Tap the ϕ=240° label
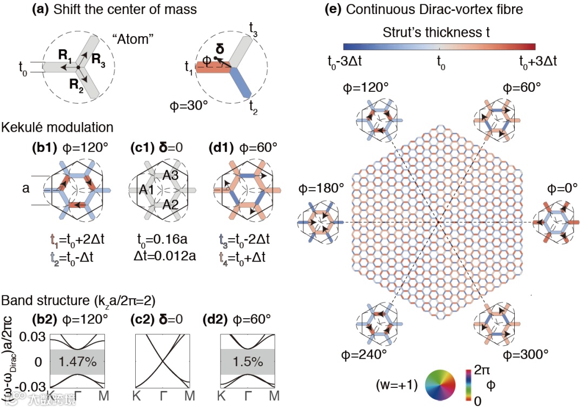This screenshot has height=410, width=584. (x=366, y=354)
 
